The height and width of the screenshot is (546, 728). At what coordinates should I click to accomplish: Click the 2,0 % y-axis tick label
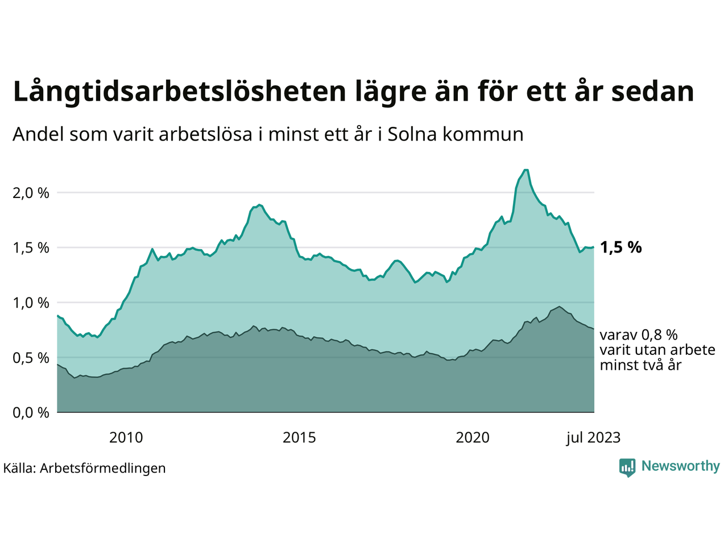pyautogui.click(x=31, y=193)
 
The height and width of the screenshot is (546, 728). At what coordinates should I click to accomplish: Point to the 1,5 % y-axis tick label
pyautogui.click(x=31, y=248)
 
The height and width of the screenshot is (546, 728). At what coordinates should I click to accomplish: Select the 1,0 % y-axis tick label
pyautogui.click(x=31, y=303)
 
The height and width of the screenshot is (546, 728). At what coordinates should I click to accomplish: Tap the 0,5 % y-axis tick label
pyautogui.click(x=31, y=358)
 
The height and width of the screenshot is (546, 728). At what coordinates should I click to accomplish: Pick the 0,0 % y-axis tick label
pyautogui.click(x=31, y=412)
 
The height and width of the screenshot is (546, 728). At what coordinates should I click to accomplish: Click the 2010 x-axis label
pyautogui.click(x=126, y=437)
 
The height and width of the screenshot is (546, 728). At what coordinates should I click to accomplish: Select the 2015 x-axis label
pyautogui.click(x=299, y=437)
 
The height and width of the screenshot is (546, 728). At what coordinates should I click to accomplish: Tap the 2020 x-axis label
pyautogui.click(x=473, y=437)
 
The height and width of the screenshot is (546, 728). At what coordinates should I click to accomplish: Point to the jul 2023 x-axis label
pyautogui.click(x=593, y=437)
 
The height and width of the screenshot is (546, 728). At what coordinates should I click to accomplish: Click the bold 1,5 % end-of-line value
pyautogui.click(x=621, y=247)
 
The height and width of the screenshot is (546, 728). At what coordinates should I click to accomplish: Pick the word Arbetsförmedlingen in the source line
pyautogui.click(x=103, y=468)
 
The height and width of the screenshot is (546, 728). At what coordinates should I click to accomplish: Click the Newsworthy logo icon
pyautogui.click(x=627, y=468)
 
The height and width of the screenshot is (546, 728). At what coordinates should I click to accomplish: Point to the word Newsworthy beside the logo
pyautogui.click(x=680, y=466)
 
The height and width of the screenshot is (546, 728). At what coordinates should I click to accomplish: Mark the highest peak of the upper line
pyautogui.click(x=526, y=170)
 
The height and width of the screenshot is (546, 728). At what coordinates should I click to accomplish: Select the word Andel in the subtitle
pyautogui.click(x=38, y=134)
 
